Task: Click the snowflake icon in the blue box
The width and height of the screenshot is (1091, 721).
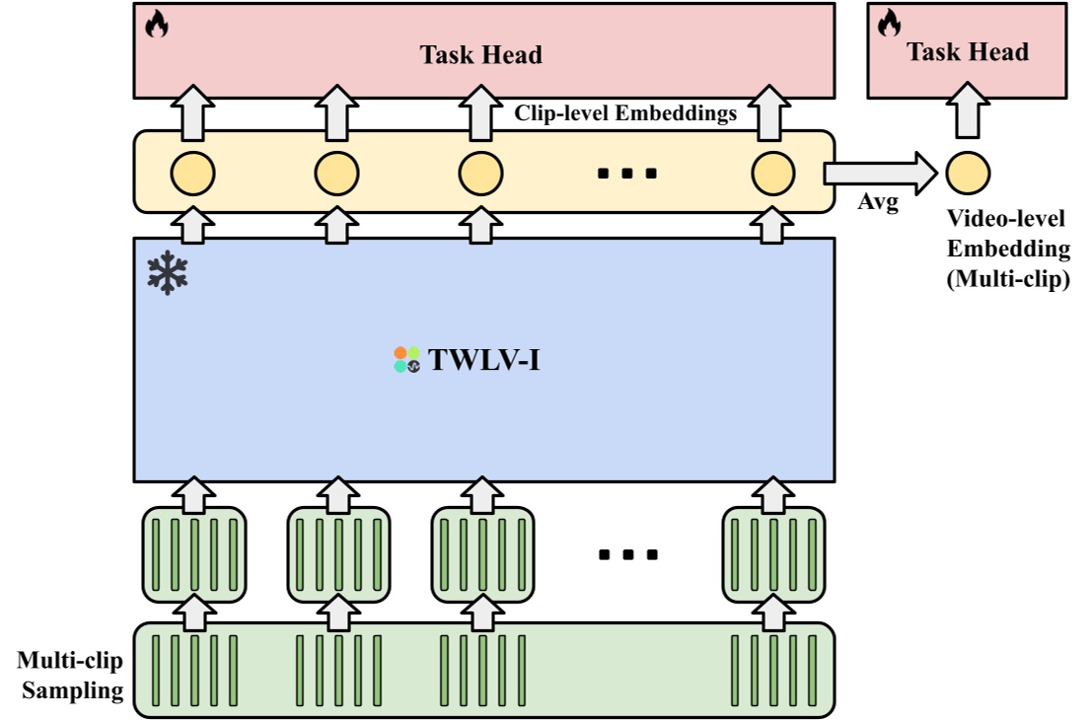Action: coord(168,274)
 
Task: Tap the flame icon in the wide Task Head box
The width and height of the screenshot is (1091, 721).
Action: coord(156,24)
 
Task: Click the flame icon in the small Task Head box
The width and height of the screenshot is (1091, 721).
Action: coord(889,23)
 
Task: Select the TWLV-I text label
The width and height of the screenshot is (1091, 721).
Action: coord(484,360)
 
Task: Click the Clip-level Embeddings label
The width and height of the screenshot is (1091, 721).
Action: coord(625,113)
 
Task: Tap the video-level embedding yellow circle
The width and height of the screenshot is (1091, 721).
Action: coord(968,173)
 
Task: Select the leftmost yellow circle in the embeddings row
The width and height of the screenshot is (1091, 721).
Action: coord(192,174)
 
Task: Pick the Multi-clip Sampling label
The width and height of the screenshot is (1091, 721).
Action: coord(70,676)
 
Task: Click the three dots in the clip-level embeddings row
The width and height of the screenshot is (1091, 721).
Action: coord(627,175)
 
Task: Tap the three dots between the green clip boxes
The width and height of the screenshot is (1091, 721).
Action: coord(627,555)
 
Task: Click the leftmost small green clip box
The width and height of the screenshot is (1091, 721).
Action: coord(194,554)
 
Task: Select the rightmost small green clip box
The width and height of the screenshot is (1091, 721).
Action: coord(772,554)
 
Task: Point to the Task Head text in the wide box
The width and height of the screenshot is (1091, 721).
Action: coord(481,55)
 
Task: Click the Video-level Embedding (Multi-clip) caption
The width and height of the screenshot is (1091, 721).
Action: coord(1007,250)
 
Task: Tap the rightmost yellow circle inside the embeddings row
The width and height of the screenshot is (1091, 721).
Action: coord(772,174)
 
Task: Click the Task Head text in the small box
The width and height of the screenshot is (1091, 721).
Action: coord(968,52)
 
